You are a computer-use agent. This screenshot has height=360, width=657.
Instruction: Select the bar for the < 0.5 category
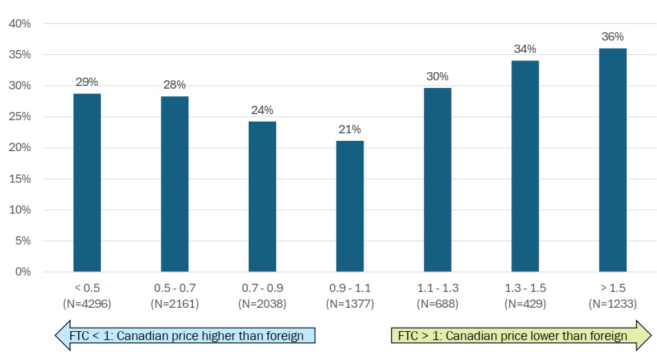pyautogui.click(x=87, y=182)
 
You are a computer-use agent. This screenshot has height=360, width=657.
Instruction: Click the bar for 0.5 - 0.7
pyautogui.click(x=175, y=183)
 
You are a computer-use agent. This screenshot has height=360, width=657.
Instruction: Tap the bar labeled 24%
pyautogui.click(x=262, y=196)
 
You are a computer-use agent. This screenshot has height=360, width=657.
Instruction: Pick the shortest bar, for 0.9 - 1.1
pyautogui.click(x=350, y=206)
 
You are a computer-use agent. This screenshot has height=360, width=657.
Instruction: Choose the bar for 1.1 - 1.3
pyautogui.click(x=438, y=179)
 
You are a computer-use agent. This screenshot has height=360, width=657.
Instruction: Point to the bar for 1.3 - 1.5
pyautogui.click(x=525, y=166)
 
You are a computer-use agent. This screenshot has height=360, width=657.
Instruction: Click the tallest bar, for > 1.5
pyautogui.click(x=612, y=159)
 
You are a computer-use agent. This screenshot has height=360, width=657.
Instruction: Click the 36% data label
pyautogui.click(x=612, y=36)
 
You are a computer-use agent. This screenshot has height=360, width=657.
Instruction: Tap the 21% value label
pyautogui.click(x=350, y=129)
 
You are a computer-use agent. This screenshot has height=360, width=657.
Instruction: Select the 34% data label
pyautogui.click(x=525, y=49)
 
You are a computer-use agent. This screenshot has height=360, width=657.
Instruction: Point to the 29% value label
pyautogui.click(x=87, y=82)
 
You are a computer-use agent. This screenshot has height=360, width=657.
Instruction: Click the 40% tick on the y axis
pyautogui.click(x=20, y=24)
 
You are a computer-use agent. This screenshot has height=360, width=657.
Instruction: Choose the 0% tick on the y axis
pyautogui.click(x=23, y=272)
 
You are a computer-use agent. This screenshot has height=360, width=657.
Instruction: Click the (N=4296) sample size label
pyautogui.click(x=87, y=303)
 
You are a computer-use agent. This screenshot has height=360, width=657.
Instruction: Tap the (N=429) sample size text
pyautogui.click(x=525, y=303)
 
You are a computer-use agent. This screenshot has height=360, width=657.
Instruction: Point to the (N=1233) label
pyautogui.click(x=612, y=303)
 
